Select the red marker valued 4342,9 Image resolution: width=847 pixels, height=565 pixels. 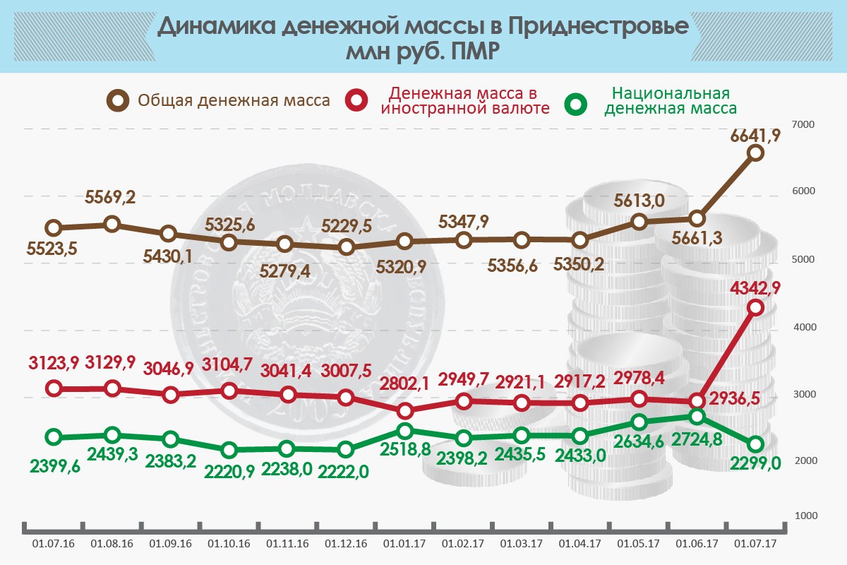point(755,308)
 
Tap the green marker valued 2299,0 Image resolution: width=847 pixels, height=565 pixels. point(755,444)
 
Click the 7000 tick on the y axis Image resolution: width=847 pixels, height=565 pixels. point(805,124)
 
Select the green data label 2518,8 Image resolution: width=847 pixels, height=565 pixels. point(405,449)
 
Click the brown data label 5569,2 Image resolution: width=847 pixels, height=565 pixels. point(112,199)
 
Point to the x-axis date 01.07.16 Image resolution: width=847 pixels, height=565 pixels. point(54,545)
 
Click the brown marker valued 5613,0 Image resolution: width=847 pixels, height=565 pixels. point(639,222)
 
